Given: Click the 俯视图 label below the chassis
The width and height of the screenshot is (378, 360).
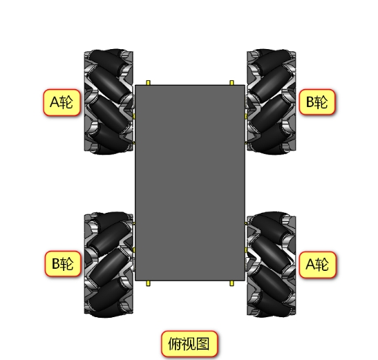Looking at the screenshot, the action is tap(189, 343).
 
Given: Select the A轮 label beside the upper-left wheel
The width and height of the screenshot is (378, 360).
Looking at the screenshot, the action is tap(62, 102).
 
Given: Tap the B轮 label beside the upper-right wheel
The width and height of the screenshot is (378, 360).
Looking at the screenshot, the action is tap(317, 102).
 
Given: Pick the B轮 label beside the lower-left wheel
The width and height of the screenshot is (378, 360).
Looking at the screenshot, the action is tap(63, 263).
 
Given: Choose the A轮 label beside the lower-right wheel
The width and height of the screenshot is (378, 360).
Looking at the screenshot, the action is tap(317, 265).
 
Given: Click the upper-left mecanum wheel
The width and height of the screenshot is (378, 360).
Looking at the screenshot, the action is tap(108, 102).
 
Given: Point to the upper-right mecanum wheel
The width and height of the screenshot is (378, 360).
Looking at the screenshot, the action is tap(271, 102).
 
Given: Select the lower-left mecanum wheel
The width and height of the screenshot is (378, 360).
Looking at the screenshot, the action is tap(108, 265).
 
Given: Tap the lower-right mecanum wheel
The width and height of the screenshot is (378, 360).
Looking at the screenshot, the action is tap(271, 265).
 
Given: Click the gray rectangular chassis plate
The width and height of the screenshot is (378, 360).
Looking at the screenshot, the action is tap(190, 183).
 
